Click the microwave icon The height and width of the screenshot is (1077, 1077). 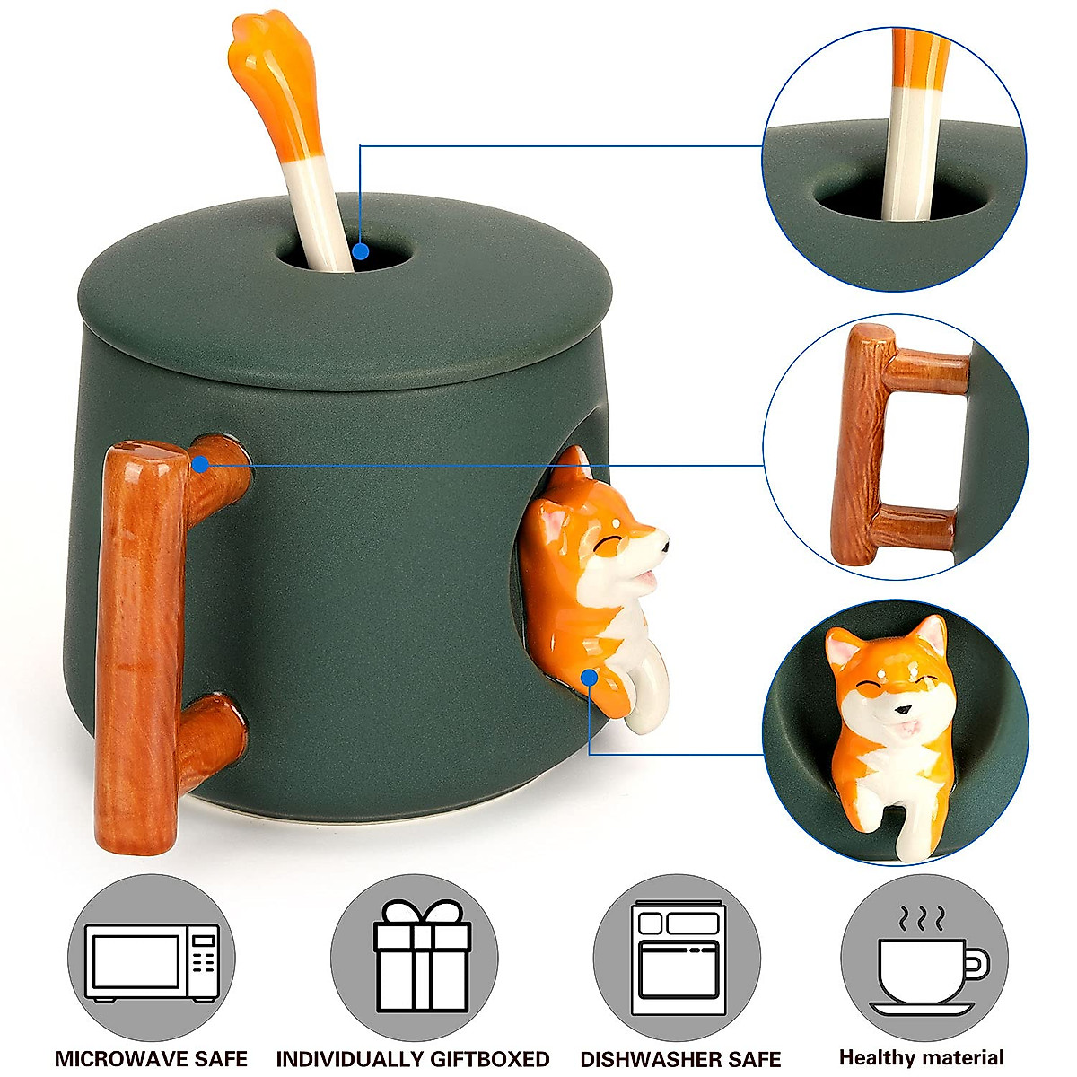click(x=152, y=961)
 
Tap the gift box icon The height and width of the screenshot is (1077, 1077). click(x=415, y=961)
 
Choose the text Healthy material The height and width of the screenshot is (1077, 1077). click(x=922, y=1057)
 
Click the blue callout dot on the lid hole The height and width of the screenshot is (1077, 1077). click(x=360, y=252)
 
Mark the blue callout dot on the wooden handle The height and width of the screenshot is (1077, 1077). click(x=200, y=464)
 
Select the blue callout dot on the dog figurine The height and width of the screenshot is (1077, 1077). click(x=589, y=676)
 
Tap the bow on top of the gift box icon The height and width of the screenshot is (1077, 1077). click(x=415, y=913)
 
